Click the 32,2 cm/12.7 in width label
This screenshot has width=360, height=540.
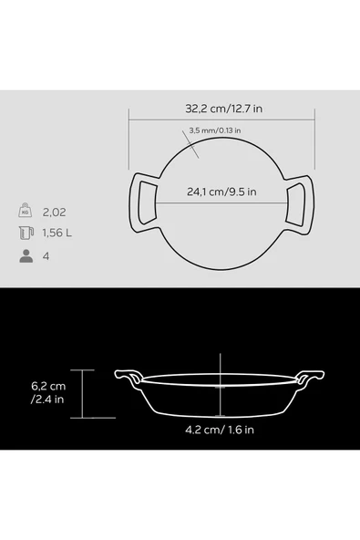click(223, 109)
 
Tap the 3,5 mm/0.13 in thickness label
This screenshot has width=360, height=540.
click(215, 130)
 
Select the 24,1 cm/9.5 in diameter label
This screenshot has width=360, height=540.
click(221, 192)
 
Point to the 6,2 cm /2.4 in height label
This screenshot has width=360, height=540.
click(48, 392)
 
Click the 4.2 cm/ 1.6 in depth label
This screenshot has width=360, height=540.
click(220, 430)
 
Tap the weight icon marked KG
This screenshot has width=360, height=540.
click(26, 211)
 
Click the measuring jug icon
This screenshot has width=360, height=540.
click(26, 233)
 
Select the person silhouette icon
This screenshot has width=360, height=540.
click(26, 256)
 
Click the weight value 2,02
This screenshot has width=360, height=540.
click(54, 213)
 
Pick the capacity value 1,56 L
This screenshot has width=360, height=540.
click(57, 234)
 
